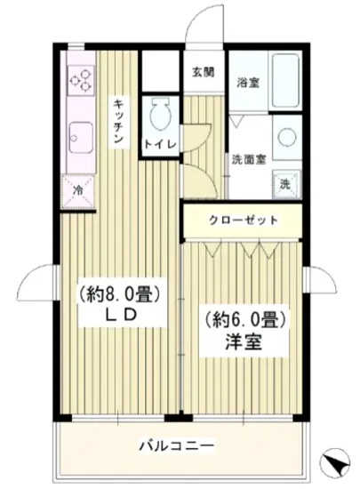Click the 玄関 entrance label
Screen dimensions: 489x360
point(203,73)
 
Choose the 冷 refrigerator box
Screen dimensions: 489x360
point(78,189)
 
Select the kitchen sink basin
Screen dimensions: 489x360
point(78,135)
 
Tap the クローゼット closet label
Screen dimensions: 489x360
point(244,220)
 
